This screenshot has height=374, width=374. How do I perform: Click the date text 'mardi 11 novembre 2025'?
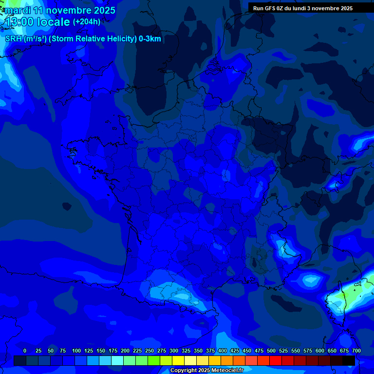coord(60,10)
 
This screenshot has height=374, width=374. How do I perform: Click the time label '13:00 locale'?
coord(37,21)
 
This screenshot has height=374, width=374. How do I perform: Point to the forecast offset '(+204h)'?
coord(87,21)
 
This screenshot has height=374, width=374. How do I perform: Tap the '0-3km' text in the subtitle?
coord(150,39)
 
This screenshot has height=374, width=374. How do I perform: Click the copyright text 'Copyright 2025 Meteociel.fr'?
coord(207,371)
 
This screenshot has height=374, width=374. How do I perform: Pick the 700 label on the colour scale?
coord(356,351)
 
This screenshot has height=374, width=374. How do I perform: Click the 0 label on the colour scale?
coord(25,351)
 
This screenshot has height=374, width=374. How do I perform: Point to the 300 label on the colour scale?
coord(174,351)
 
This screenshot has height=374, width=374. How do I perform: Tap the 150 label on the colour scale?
coord(101,351)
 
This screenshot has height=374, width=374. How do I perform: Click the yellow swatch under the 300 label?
coord(178,361)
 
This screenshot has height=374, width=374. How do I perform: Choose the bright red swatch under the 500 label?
coord(275,361)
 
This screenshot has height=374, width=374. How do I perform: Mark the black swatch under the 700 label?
coord(349,361)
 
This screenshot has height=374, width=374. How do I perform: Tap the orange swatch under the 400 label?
coord(226,361)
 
